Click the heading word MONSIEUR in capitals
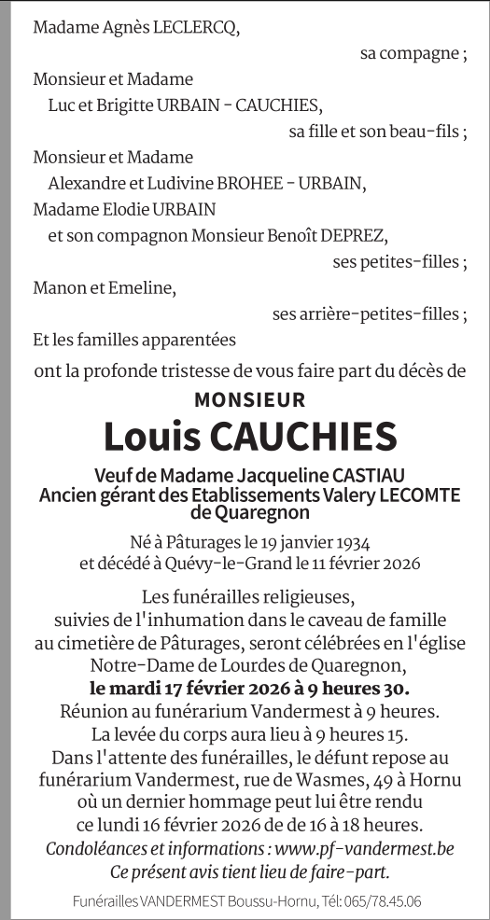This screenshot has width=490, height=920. (249, 400)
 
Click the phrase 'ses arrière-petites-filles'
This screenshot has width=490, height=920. (366, 314)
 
